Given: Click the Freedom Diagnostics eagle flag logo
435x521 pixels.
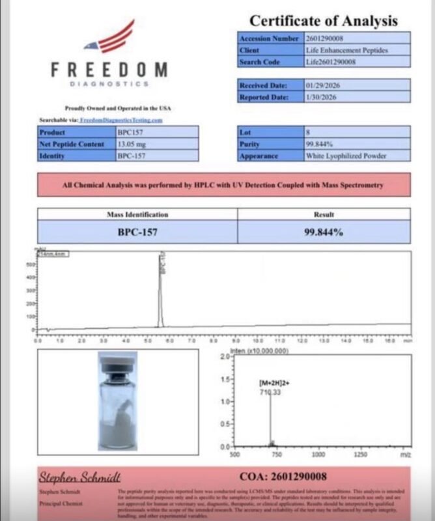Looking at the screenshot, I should [x=110, y=38].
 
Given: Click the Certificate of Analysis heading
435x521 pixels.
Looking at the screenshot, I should [x=324, y=20].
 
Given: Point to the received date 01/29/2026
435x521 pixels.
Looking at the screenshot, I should [x=322, y=85].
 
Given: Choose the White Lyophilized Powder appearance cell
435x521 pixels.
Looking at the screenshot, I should [x=346, y=156].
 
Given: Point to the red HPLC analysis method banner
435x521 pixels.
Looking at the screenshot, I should [x=223, y=185].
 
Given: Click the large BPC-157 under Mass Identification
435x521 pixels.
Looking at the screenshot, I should [x=137, y=231].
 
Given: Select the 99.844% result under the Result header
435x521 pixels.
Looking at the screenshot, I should [x=324, y=231].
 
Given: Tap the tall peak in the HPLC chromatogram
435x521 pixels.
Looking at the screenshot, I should [x=161, y=287].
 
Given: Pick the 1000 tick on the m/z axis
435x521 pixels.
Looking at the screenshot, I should [x=319, y=455].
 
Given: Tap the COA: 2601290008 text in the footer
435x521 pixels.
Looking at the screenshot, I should [x=283, y=477].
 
